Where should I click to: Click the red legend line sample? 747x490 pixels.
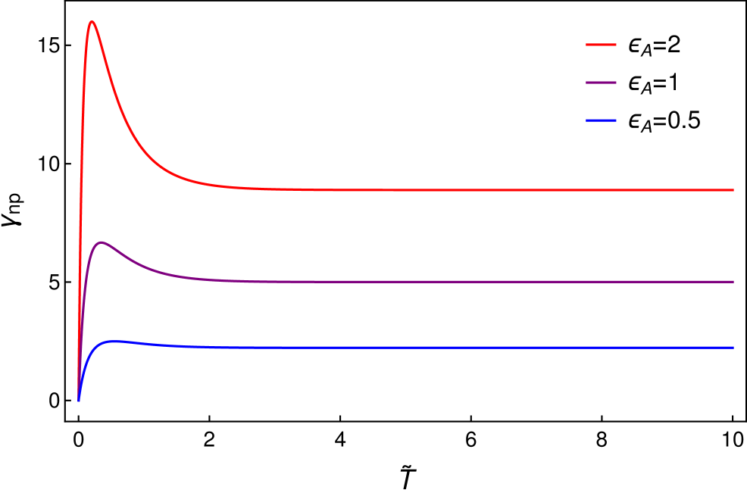pyautogui.click(x=601, y=45)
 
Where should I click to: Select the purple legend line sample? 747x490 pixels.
pyautogui.click(x=601, y=83)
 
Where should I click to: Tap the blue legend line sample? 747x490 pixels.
pyautogui.click(x=601, y=120)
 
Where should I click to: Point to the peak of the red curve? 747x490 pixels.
pyautogui.click(x=92, y=21)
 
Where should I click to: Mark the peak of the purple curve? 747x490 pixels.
pyautogui.click(x=101, y=242)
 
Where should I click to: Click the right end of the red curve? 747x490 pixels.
pyautogui.click(x=733, y=190)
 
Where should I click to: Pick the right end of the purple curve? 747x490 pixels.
pyautogui.click(x=733, y=282)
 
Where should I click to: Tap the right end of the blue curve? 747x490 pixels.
pyautogui.click(x=733, y=348)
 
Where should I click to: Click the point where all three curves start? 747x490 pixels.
pyautogui.click(x=78, y=401)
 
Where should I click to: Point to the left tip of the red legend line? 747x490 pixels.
pyautogui.click(x=587, y=45)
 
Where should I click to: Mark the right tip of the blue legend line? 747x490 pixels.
pyautogui.click(x=615, y=120)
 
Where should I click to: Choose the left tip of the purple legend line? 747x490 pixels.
pyautogui.click(x=587, y=83)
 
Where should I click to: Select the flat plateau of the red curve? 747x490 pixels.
pyautogui.click(x=455, y=190)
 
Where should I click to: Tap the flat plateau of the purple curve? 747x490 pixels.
pyautogui.click(x=455, y=282)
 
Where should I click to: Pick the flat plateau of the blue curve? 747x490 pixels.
pyautogui.click(x=455, y=348)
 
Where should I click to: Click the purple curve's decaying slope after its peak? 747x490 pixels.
pyautogui.click(x=144, y=264)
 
